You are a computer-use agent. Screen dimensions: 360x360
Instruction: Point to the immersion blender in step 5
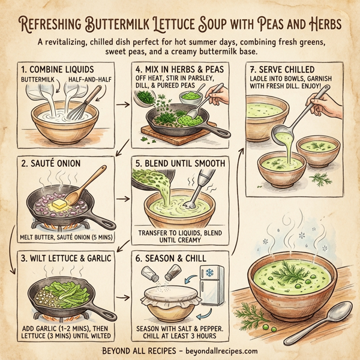pyautogui.click(x=191, y=192)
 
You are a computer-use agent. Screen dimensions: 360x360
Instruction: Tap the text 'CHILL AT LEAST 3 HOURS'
pyautogui.click(x=179, y=337)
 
